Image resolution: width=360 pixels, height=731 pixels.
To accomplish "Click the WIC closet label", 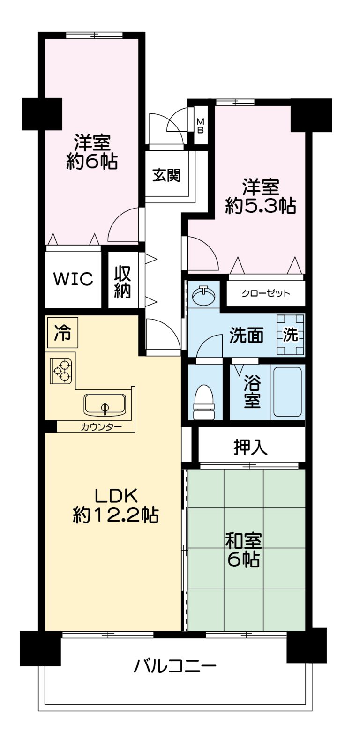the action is (73, 279).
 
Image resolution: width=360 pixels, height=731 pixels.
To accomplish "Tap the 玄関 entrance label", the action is (166, 176).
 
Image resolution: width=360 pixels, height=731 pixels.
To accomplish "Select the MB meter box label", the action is (201, 126).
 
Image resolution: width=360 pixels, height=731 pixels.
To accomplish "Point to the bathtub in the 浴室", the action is (287, 392).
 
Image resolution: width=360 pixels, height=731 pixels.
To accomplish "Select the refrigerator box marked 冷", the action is (63, 333).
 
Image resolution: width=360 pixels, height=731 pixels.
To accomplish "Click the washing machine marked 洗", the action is (291, 335).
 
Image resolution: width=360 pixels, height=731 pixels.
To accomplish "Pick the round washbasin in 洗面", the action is (204, 296).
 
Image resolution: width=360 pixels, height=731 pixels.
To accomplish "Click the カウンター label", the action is (101, 426).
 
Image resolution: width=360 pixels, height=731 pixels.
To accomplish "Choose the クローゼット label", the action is (266, 293).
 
